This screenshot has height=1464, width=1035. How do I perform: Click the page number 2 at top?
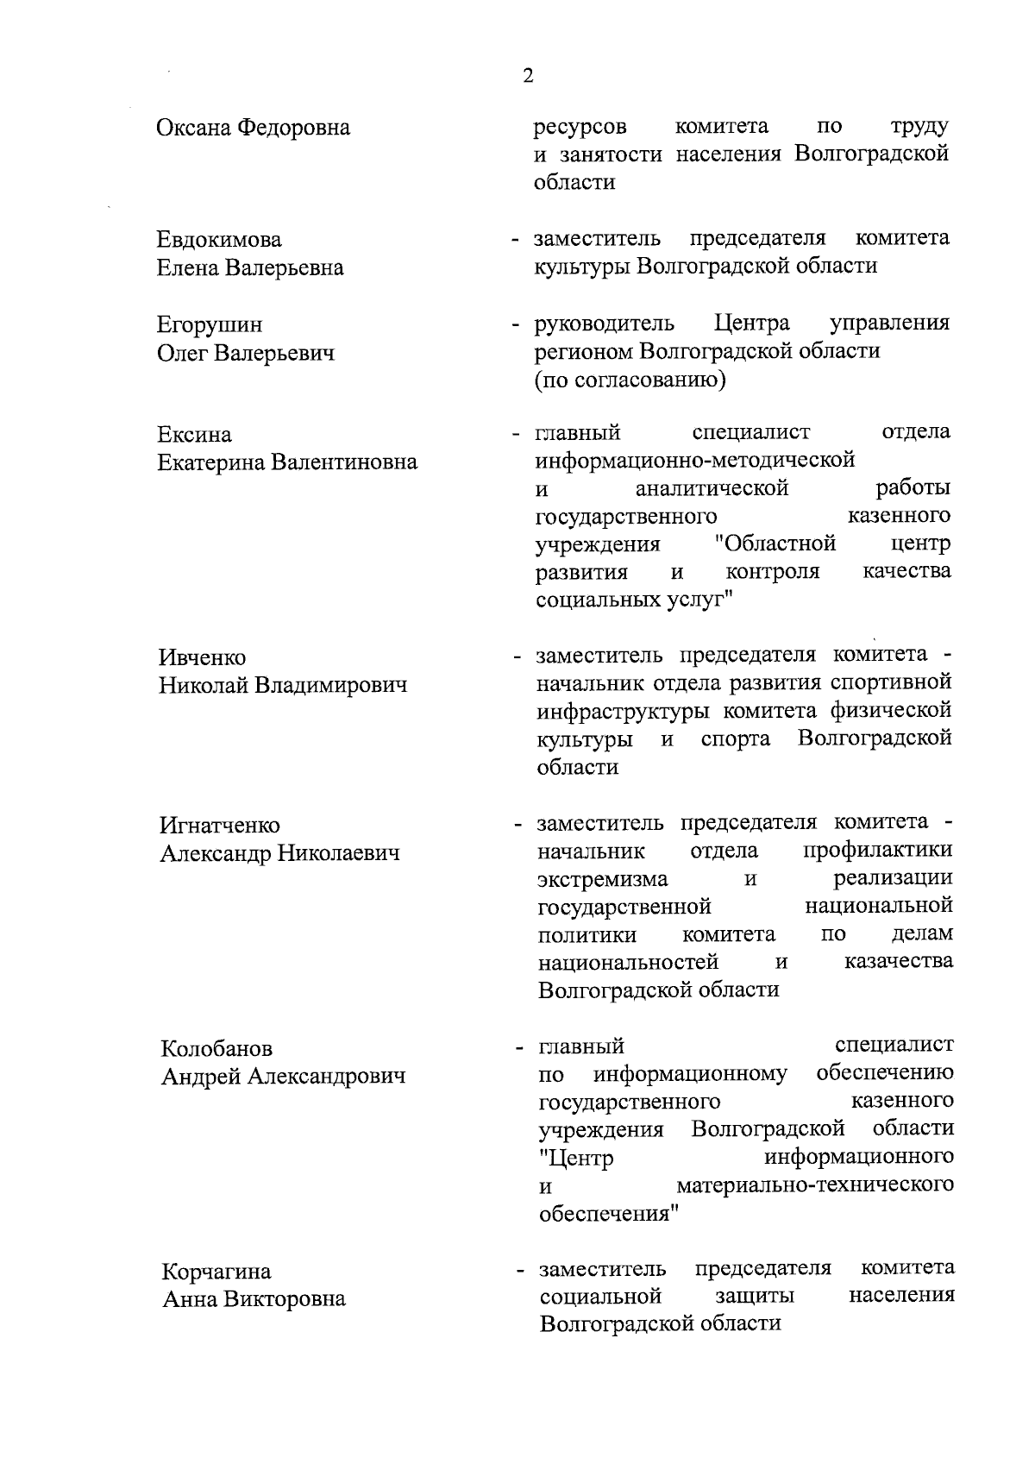pos(528,76)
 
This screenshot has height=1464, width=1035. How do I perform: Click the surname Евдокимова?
pos(219,240)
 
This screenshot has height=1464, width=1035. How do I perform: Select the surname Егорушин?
pos(210,325)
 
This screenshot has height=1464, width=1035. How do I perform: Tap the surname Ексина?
pos(194,434)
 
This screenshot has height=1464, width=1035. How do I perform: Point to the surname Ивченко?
pos(203,658)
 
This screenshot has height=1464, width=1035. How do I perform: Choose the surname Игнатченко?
pos(220,826)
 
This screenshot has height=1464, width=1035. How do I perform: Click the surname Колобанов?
pos(216,1049)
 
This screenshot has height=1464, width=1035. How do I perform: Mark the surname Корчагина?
pos(216,1272)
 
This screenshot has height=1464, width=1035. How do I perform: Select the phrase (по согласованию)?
pos(630,380)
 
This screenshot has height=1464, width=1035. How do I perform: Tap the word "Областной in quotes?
pos(775,544)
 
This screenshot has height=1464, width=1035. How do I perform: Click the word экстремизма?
pos(602,879)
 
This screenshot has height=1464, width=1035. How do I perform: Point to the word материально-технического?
pos(815,1184)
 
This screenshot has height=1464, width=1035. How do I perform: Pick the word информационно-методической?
pos(695,460)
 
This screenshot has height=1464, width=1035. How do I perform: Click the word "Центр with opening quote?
pos(575,1157)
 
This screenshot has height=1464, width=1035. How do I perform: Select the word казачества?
pos(899,961)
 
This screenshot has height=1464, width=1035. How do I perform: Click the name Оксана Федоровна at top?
pos(253,129)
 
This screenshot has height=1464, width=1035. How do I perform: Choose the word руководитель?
pos(605,324)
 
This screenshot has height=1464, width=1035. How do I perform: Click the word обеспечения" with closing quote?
pos(609,1213)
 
